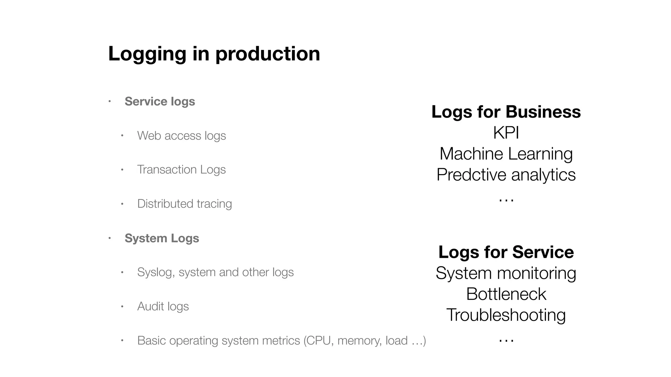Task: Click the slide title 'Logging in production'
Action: pos(214,54)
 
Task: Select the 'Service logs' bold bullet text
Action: pos(160,101)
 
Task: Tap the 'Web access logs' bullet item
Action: pos(182,135)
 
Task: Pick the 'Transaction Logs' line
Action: pos(181,170)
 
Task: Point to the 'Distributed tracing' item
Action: pos(184,204)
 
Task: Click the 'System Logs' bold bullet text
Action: pos(162,238)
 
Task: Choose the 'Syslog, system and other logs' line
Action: pos(215,272)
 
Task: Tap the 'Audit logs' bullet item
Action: pos(163,306)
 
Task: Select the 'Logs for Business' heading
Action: pos(506,112)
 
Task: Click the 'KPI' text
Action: pos(506,133)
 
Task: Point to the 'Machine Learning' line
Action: pos(506,154)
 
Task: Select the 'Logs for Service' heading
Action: pos(506,252)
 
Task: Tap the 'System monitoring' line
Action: pos(506,273)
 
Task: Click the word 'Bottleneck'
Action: pos(506,294)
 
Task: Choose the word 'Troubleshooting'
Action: pos(506,315)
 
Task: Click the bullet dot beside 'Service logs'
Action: pos(110,101)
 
